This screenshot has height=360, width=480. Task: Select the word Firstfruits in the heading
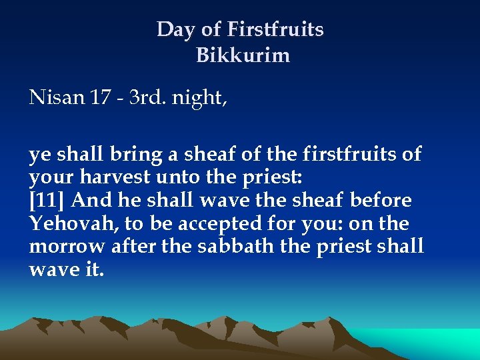point(275,30)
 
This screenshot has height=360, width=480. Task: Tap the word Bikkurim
point(243,55)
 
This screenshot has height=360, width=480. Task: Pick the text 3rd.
point(147,98)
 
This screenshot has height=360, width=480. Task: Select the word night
point(198,99)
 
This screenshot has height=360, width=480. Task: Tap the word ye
point(39,155)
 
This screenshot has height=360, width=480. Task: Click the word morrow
point(65,247)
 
